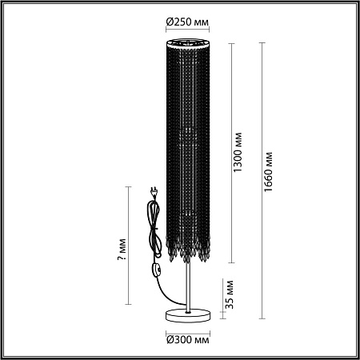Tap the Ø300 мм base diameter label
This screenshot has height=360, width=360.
click(189, 340)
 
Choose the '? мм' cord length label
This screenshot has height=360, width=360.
click(120, 254)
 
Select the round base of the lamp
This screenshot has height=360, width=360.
click(189, 313)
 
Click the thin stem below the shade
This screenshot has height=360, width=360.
click(189, 284)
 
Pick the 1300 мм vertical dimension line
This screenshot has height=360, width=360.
click(231, 152)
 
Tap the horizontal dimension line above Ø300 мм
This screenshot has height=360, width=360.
click(189, 327)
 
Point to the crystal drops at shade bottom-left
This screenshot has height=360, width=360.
click(171, 253)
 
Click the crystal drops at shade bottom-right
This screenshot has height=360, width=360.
click(206, 253)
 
